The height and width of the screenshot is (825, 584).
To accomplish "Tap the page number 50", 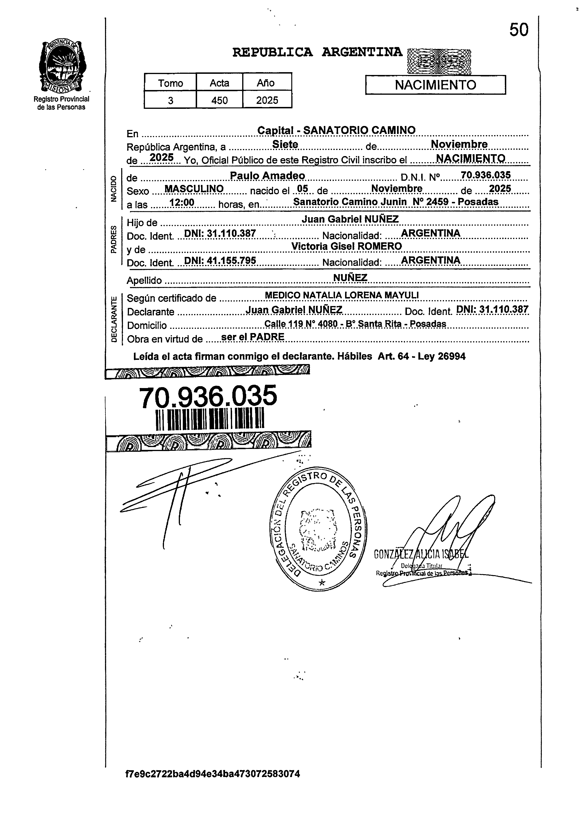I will (518, 30).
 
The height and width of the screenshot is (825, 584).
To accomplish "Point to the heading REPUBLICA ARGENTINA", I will (317, 52).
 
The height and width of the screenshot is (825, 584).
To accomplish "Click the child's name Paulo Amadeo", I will (268, 176).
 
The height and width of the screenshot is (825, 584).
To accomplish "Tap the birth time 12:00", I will (182, 203).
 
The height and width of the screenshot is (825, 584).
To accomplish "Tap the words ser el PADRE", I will (253, 337).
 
